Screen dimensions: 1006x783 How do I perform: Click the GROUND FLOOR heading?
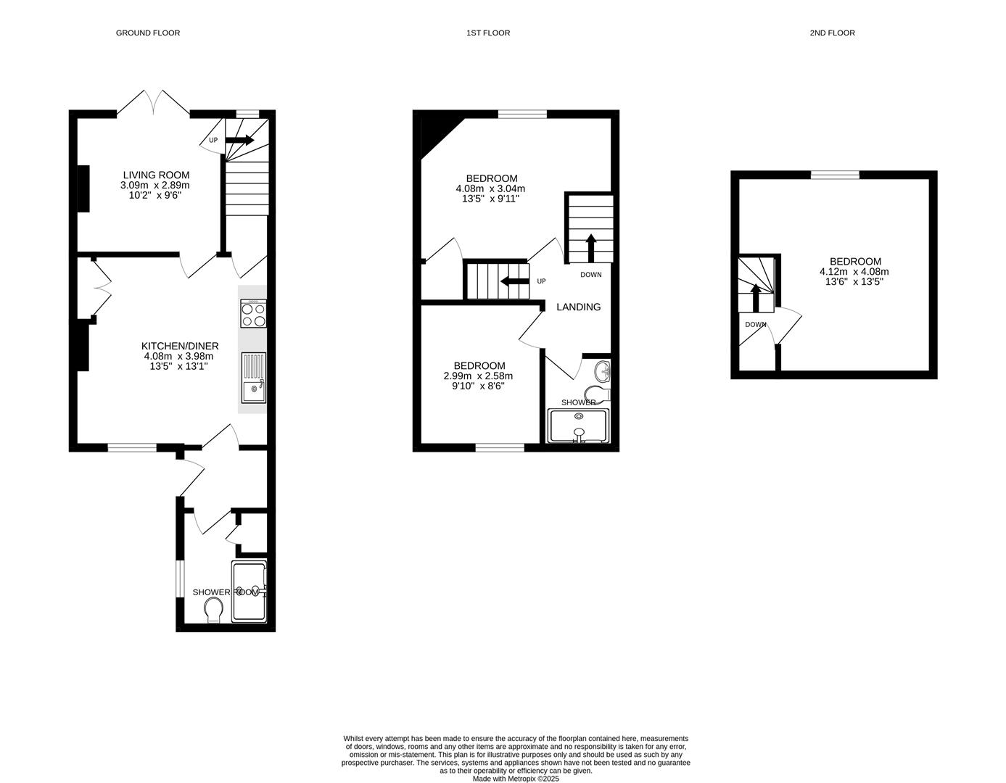(x=148, y=33)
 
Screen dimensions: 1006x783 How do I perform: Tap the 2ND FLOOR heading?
(x=832, y=33)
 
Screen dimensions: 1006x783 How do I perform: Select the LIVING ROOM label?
(x=156, y=175)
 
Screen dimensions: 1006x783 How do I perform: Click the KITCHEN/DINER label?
(x=180, y=346)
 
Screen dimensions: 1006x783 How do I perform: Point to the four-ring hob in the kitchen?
(x=253, y=313)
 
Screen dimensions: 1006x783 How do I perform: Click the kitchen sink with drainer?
(x=254, y=377)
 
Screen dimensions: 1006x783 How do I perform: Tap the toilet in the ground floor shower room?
(x=214, y=610)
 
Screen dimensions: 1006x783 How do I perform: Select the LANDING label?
(x=578, y=307)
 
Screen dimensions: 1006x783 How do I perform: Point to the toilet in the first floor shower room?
(x=597, y=394)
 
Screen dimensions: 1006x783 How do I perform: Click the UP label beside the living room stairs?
(x=213, y=140)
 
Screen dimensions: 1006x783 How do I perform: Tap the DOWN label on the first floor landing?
(x=590, y=275)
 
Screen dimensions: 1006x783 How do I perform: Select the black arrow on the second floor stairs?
(x=756, y=297)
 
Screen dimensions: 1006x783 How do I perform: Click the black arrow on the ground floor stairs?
(x=240, y=140)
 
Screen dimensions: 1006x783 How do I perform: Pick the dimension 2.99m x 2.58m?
(x=478, y=376)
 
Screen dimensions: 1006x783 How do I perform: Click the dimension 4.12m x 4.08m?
(x=854, y=272)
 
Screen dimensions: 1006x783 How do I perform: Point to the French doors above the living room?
(x=153, y=102)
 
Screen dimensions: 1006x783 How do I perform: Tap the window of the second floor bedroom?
(x=835, y=175)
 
